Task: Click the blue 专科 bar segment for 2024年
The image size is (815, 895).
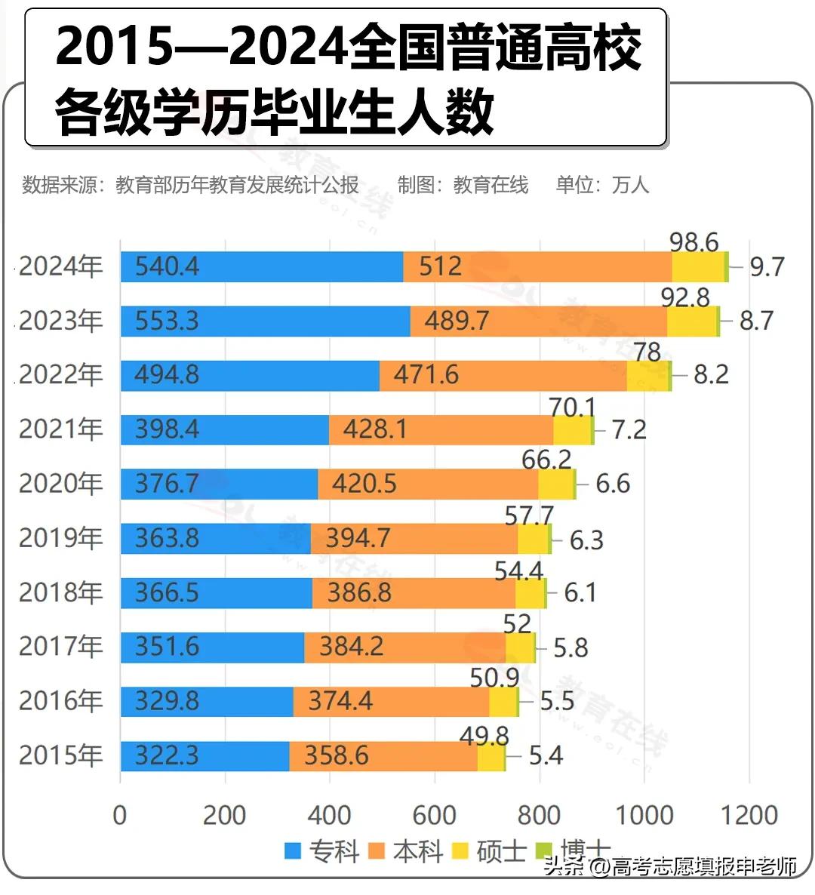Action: coord(262,267)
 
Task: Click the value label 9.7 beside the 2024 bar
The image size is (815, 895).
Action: coord(767,267)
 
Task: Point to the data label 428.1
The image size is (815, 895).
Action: coord(375,429)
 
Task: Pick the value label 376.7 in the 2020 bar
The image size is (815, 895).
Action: coord(167,484)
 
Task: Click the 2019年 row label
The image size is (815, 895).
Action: coord(60,538)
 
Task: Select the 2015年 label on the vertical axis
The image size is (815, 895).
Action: coord(60,755)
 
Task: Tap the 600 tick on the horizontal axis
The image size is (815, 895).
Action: coord(435,815)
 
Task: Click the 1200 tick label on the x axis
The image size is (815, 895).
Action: coord(749,815)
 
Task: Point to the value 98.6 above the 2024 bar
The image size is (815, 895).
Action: coord(694,242)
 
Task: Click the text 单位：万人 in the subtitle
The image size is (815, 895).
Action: coord(602,185)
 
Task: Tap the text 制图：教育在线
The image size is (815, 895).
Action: coord(463,185)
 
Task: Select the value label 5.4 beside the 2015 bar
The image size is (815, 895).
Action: coord(546,755)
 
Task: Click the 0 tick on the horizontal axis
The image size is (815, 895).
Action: coord(120,815)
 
